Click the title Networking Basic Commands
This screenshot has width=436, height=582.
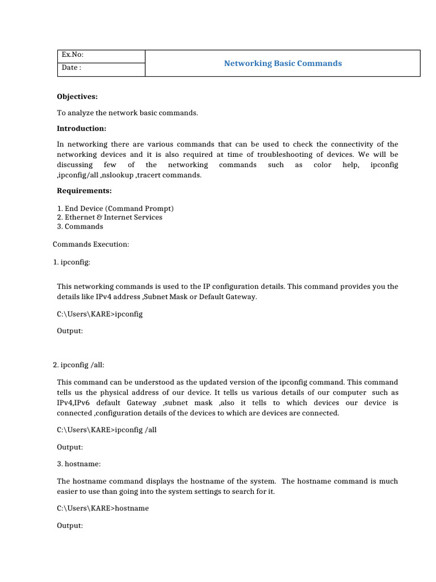point(283,63)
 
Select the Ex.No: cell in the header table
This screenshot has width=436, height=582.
point(73,55)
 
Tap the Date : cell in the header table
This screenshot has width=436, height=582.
point(71,68)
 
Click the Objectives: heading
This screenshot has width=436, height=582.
point(77,97)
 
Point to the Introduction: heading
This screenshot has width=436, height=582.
point(82,128)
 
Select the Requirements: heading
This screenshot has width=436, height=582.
point(84,190)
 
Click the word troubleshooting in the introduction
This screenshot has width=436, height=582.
point(304,155)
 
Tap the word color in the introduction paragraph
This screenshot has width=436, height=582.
point(322,165)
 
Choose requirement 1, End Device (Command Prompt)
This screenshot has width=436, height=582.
point(115,208)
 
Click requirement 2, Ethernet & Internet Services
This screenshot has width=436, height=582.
point(110,217)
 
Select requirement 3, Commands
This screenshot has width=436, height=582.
point(80,226)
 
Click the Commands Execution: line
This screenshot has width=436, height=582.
point(91,244)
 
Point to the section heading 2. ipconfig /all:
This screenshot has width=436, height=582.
point(78,365)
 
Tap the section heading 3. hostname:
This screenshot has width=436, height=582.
point(76,464)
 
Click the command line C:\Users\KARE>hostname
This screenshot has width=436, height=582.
point(103,508)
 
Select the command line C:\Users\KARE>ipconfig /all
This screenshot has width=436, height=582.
point(107,430)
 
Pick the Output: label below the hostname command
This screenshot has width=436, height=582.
point(70,526)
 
